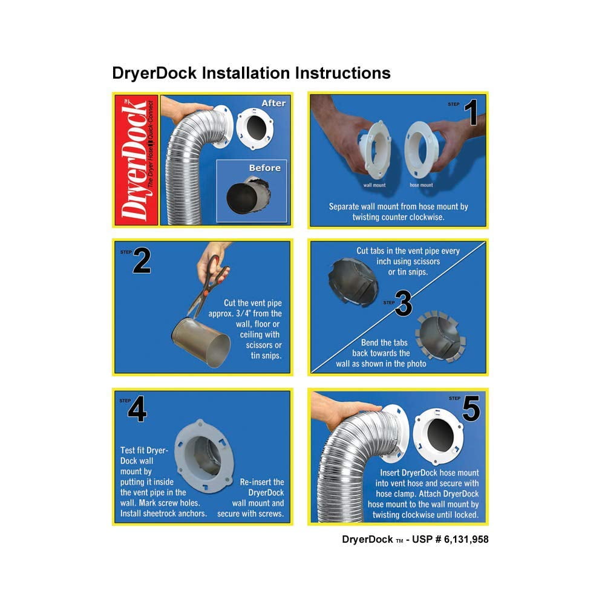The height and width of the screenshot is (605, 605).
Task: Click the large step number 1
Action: (x=472, y=113)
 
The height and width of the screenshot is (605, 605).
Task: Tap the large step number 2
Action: (x=142, y=260)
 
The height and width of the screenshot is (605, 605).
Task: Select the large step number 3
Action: (x=404, y=303)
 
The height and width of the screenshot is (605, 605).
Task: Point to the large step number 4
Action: (x=137, y=409)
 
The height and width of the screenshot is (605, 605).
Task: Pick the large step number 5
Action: (x=471, y=408)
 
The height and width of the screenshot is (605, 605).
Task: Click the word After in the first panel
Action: (x=273, y=103)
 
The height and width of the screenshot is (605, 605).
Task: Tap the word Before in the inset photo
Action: (x=265, y=168)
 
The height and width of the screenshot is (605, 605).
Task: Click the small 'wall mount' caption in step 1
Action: (x=374, y=185)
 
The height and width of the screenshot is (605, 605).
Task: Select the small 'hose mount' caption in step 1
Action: (x=421, y=185)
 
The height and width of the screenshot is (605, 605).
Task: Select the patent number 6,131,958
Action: (x=466, y=540)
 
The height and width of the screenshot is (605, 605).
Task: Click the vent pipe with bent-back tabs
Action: (x=440, y=336)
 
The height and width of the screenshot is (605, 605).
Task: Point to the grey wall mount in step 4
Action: (x=204, y=456)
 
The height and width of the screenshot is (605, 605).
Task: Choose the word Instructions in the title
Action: (x=343, y=73)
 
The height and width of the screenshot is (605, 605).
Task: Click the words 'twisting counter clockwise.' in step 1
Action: (x=398, y=217)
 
